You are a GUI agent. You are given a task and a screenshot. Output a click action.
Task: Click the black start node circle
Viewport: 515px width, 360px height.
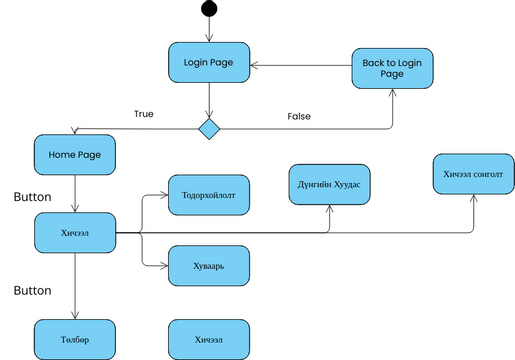click(208, 9)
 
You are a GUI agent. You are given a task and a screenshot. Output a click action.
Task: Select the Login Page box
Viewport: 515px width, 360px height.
click(208, 63)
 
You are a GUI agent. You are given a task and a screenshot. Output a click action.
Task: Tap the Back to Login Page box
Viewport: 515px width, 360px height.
click(391, 69)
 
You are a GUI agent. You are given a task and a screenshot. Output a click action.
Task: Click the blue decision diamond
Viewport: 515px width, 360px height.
click(208, 129)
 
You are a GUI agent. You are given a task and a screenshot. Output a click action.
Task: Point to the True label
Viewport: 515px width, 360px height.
click(144, 113)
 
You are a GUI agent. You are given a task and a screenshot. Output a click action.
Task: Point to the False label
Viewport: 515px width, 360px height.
click(299, 116)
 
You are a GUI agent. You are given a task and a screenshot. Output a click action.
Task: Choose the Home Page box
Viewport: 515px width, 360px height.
click(75, 154)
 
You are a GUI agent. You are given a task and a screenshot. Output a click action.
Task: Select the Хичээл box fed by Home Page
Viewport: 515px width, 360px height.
click(75, 233)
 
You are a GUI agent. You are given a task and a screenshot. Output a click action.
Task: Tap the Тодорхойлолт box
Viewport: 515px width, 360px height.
click(208, 193)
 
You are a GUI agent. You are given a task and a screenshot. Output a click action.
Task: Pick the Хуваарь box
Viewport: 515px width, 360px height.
click(208, 266)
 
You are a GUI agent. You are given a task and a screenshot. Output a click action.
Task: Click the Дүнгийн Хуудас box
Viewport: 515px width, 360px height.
click(329, 184)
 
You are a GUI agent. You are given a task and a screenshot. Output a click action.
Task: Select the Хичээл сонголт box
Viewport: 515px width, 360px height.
click(473, 174)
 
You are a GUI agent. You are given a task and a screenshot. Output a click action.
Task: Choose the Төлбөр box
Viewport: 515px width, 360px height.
click(75, 339)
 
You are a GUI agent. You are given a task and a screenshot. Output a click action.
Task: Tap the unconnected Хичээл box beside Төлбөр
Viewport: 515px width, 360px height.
click(208, 339)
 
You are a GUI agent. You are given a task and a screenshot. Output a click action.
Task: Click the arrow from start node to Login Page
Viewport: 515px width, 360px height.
click(208, 30)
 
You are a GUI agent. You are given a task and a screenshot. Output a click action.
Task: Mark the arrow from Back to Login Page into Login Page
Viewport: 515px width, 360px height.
click(300, 67)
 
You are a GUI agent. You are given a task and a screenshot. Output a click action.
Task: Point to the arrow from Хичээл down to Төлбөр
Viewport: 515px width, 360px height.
click(75, 285)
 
